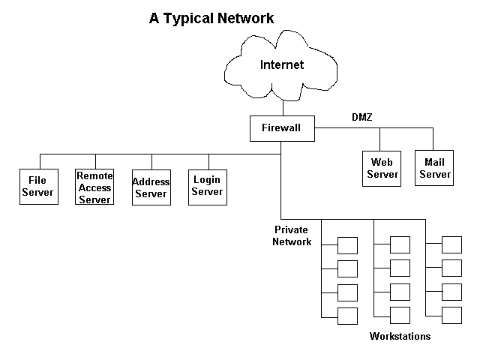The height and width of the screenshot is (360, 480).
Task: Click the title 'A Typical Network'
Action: [x=211, y=18]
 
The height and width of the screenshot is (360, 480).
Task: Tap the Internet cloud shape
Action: [x=282, y=64]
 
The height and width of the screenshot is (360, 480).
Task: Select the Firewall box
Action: [x=281, y=128]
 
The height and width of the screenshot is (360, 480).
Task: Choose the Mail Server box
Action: [x=435, y=168]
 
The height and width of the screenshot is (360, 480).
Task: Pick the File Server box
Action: [x=37, y=186]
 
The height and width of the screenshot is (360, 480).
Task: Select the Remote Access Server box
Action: [x=94, y=187]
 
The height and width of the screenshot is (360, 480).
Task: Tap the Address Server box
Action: [x=151, y=187]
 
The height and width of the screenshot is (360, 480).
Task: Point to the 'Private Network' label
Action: [x=292, y=236]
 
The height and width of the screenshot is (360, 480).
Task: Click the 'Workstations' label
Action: [x=400, y=337]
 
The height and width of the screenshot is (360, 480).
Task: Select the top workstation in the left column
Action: [x=347, y=245]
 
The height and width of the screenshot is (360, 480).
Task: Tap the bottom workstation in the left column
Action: [x=347, y=316]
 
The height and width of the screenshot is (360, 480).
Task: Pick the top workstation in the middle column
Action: [x=400, y=244]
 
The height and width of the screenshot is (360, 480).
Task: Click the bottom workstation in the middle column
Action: [x=400, y=315]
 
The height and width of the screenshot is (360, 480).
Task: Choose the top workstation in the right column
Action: [x=451, y=244]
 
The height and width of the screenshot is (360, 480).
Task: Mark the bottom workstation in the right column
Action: [x=451, y=315]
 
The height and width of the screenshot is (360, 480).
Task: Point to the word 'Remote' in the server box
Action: [x=94, y=175]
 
